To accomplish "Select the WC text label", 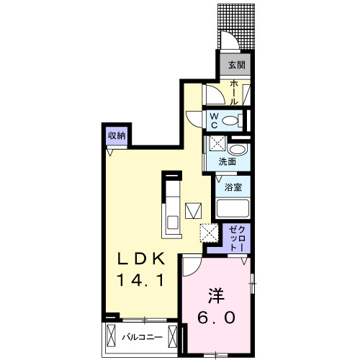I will point(215,119).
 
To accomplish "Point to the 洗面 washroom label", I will point(228,161).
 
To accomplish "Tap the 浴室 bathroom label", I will point(232,187).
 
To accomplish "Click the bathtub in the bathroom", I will point(232,209).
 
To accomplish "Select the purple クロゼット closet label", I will point(236,238).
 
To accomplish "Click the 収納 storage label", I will point(117,135).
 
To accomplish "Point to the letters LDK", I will point(143,258).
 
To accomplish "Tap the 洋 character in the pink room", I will point(216,294).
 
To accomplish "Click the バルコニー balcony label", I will point(141,336).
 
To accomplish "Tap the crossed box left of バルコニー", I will point(112,336).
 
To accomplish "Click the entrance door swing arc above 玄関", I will point(229,43).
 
